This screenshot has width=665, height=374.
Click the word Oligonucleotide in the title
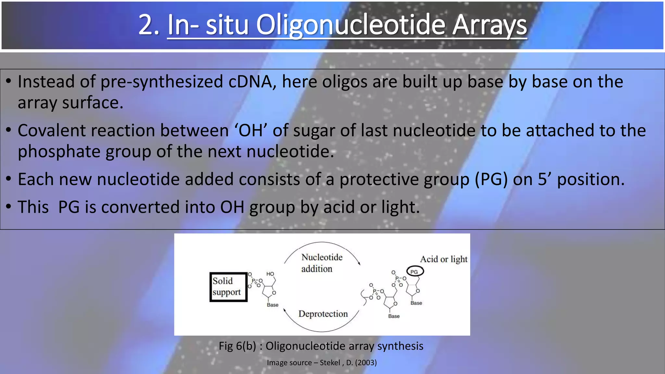tap(350, 25)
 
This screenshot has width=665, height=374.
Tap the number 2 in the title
tap(145, 25)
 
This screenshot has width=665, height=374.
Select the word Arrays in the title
tap(489, 25)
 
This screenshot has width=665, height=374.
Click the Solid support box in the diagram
tap(228, 287)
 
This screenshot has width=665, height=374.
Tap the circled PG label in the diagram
tap(415, 271)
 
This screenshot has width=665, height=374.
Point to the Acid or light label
tap(444, 259)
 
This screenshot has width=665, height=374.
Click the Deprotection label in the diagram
tap(323, 314)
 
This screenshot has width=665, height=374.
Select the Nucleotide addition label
tap(321, 263)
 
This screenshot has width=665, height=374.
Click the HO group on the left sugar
tap(270, 274)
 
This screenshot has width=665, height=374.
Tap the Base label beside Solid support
tap(272, 305)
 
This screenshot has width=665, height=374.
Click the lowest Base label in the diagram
tap(394, 316)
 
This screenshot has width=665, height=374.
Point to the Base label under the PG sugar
tap(416, 303)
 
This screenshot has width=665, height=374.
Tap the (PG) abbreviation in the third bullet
tap(491, 179)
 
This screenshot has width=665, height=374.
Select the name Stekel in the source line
tap(330, 363)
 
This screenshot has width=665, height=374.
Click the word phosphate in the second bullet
tap(59, 152)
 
